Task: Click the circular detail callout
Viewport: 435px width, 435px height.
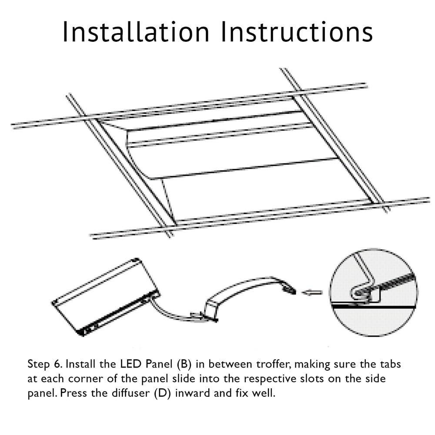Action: tap(373, 292)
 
